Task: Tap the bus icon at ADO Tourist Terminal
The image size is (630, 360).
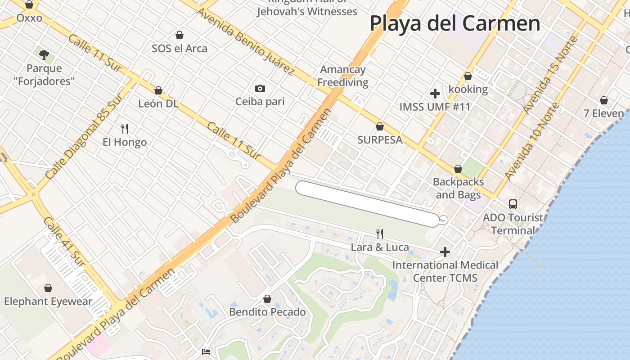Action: (x=513, y=204)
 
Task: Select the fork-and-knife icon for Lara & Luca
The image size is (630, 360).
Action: (x=380, y=234)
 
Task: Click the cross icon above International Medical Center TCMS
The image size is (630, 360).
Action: (x=445, y=252)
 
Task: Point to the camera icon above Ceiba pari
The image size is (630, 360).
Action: (x=260, y=88)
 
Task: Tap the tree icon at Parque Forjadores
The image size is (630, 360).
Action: (x=44, y=55)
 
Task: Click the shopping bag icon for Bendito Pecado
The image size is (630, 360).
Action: (x=267, y=299)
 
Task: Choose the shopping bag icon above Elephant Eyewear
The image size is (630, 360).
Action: (x=48, y=288)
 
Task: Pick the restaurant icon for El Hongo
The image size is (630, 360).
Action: (x=125, y=129)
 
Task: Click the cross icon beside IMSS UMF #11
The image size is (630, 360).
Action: (x=435, y=94)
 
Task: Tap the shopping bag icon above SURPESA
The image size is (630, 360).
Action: (x=380, y=126)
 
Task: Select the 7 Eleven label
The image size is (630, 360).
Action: (x=603, y=113)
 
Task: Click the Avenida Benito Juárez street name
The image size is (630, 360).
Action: (x=245, y=41)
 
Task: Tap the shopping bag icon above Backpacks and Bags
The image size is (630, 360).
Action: (x=458, y=169)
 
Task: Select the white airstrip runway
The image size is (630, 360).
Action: (x=367, y=204)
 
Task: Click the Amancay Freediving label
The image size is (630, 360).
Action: (x=343, y=76)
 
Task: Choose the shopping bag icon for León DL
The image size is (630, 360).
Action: (x=158, y=90)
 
